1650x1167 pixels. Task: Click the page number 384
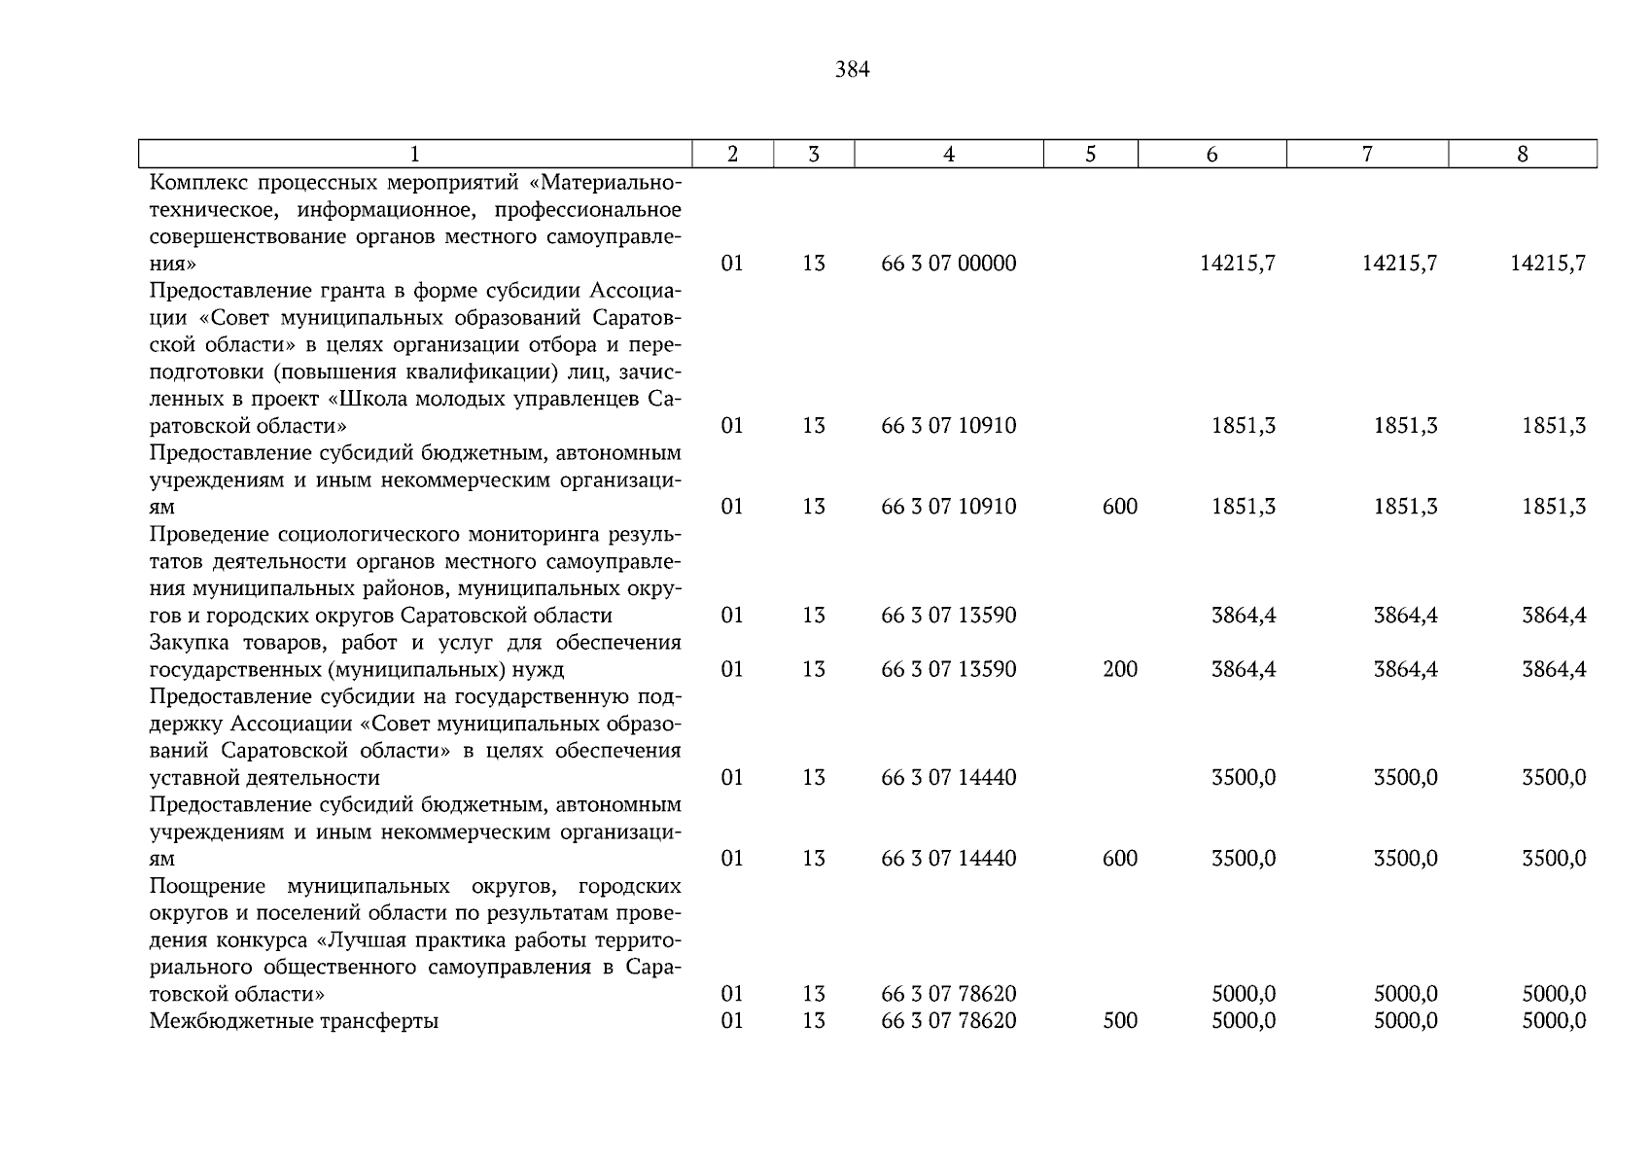(852, 70)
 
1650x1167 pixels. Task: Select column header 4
(948, 154)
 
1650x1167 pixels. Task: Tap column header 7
(1366, 154)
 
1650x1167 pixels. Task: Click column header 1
(415, 154)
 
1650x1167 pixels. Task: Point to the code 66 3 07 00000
(948, 264)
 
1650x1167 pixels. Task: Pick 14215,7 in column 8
(1547, 264)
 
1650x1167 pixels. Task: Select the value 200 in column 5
(1119, 669)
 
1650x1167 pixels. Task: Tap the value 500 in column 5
(1119, 1021)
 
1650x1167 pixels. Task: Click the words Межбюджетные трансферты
(294, 1021)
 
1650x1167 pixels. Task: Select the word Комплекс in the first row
(197, 183)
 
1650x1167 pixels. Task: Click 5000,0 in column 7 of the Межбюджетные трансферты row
(1405, 1021)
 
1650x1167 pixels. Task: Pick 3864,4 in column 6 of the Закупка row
(1243, 669)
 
